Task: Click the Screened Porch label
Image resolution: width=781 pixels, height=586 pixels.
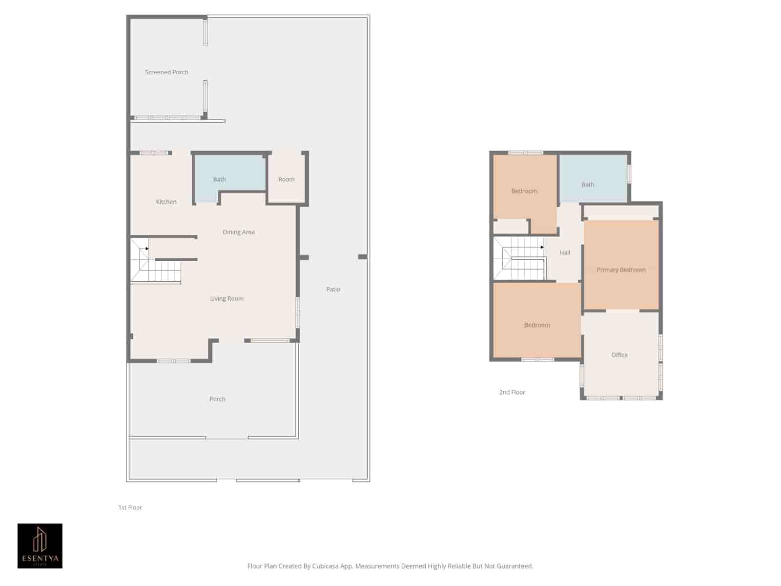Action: (x=166, y=72)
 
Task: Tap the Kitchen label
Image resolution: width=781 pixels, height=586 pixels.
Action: (x=166, y=202)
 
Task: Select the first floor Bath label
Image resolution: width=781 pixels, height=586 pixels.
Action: (x=220, y=179)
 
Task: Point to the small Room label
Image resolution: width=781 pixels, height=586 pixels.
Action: (x=287, y=179)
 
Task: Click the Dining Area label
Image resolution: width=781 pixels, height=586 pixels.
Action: (x=239, y=232)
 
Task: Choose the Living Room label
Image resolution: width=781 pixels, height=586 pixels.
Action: (x=226, y=298)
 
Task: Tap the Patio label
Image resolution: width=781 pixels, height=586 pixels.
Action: (x=333, y=289)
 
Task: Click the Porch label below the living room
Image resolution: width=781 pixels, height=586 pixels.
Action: (x=217, y=399)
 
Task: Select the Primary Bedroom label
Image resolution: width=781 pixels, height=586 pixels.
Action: (x=621, y=270)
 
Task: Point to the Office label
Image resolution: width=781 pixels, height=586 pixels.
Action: (x=619, y=355)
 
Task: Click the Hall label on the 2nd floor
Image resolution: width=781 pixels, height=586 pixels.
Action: (x=565, y=252)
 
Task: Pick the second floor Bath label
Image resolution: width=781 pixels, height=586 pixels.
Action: (x=588, y=184)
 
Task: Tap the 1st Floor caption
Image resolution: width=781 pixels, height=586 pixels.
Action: (x=130, y=507)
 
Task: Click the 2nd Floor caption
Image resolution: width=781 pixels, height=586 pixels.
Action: (x=512, y=392)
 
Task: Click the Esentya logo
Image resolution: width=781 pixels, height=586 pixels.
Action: (x=40, y=546)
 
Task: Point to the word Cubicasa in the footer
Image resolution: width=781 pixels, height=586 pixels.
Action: (x=325, y=566)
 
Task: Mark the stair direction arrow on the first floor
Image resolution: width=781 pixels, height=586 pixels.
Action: (x=147, y=249)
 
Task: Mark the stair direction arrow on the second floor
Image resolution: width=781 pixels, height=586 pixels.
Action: (x=542, y=247)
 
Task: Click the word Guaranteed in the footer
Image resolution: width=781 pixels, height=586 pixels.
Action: (x=514, y=566)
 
